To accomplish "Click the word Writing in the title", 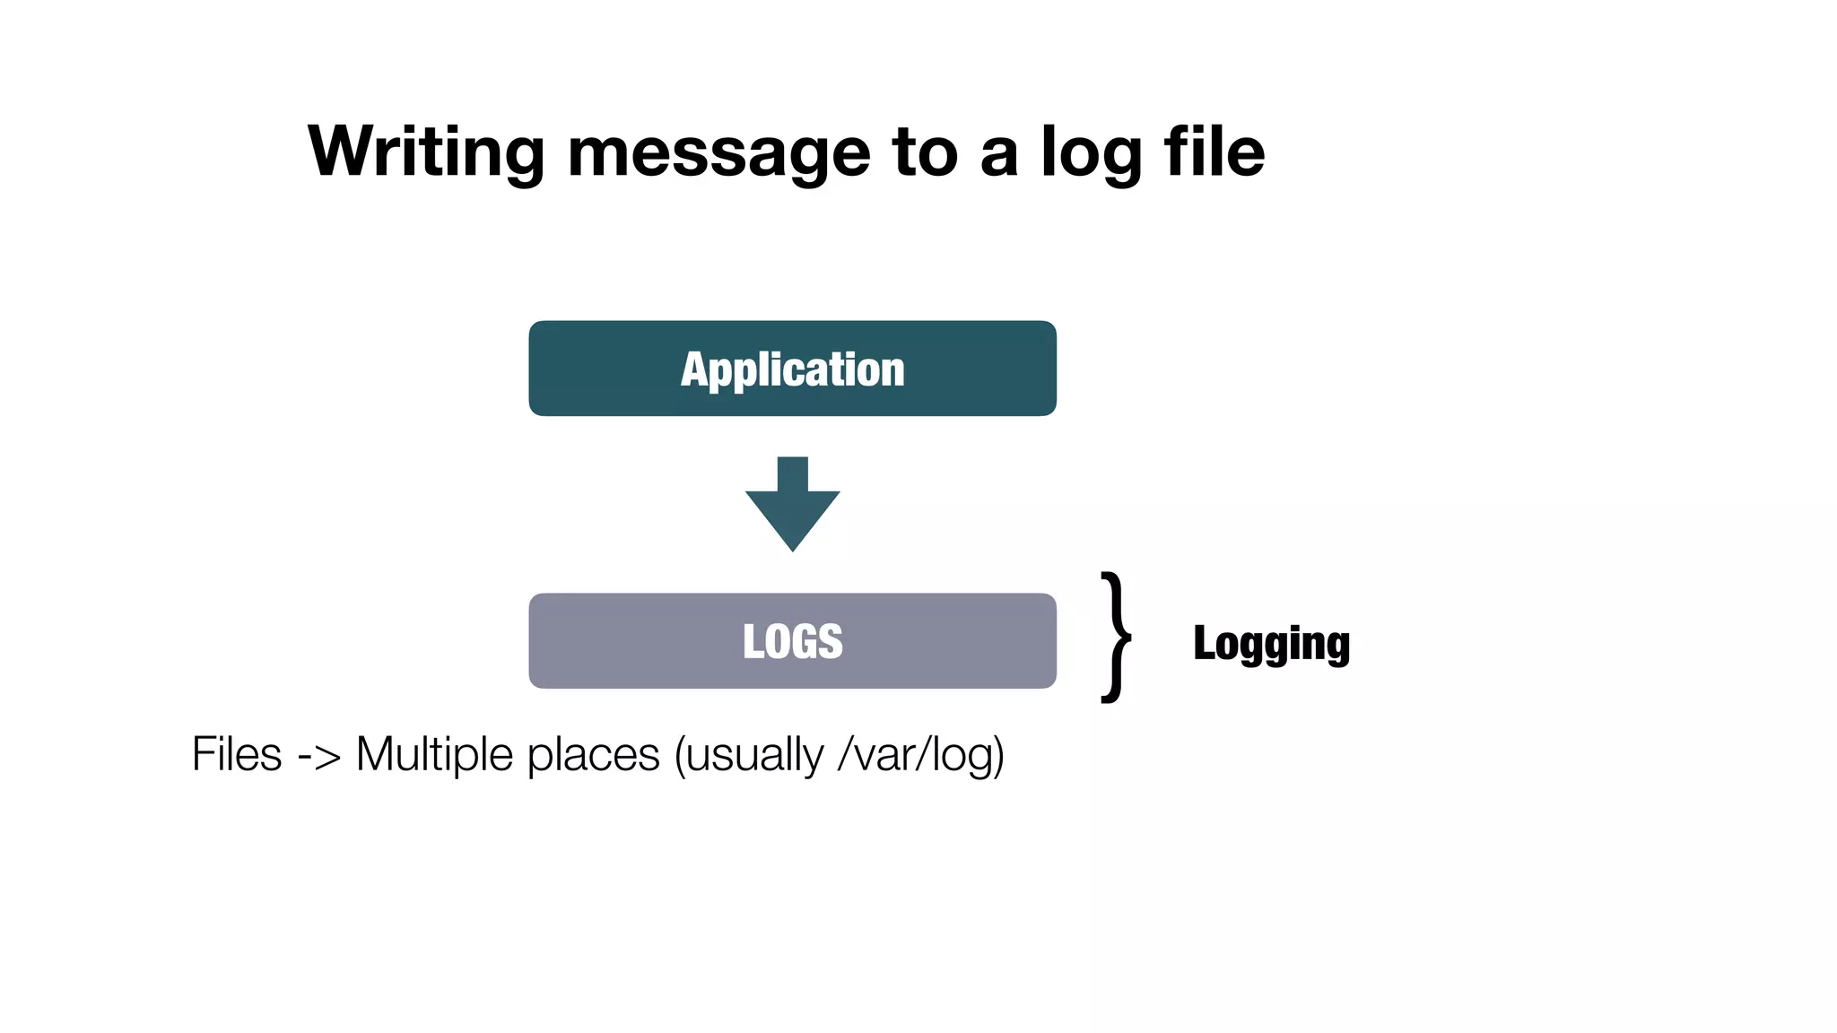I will click(426, 152).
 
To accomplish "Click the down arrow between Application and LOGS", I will click(792, 502).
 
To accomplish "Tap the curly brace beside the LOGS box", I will click(1116, 638).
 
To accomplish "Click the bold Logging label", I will click(1271, 644).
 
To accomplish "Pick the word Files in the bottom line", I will click(237, 754).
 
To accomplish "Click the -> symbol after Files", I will click(318, 756).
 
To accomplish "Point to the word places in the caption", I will click(593, 756).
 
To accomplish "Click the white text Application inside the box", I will click(792, 369).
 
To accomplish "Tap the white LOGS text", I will click(792, 642).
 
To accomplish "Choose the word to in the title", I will click(925, 152).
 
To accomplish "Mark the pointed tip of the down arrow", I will click(792, 547).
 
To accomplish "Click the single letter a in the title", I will click(999, 156).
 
